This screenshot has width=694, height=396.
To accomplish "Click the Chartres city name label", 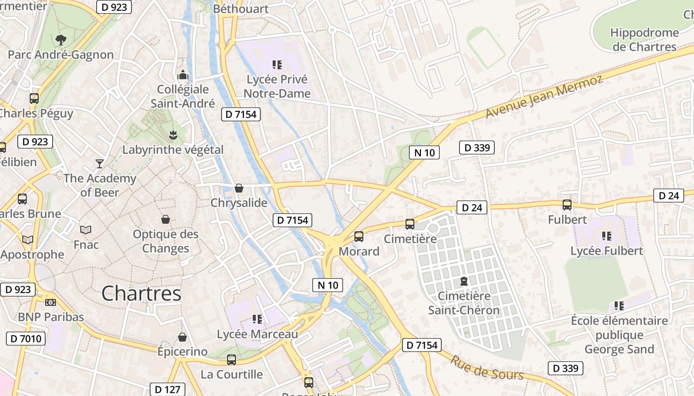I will [141, 294].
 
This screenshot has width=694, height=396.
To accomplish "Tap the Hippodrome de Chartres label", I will [644, 40].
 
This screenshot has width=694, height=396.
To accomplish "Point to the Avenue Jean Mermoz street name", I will [544, 97].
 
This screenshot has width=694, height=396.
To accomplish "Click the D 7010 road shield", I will [26, 339].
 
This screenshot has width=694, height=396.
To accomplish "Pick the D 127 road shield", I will [168, 390].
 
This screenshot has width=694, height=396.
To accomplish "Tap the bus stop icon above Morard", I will [359, 237].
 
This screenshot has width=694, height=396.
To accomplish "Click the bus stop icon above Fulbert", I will [567, 204].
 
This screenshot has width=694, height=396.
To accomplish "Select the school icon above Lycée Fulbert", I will [606, 236].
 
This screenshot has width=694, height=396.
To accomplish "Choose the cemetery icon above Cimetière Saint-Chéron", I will [463, 281].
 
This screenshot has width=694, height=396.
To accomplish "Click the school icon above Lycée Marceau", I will [257, 319].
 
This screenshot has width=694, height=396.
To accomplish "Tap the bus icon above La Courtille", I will [231, 360].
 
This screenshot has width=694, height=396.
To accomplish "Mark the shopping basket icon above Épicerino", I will [182, 337].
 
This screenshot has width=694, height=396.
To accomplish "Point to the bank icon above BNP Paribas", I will [51, 302].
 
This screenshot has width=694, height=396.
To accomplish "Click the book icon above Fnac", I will [86, 230].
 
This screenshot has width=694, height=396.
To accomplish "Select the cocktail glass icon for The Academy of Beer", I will [100, 163].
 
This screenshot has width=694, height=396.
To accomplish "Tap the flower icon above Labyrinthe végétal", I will [173, 135].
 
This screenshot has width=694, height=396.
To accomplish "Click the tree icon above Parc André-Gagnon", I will [61, 40].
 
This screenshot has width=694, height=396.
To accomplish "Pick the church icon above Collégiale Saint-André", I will [183, 75].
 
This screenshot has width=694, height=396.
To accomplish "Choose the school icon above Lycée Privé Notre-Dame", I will [277, 64].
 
